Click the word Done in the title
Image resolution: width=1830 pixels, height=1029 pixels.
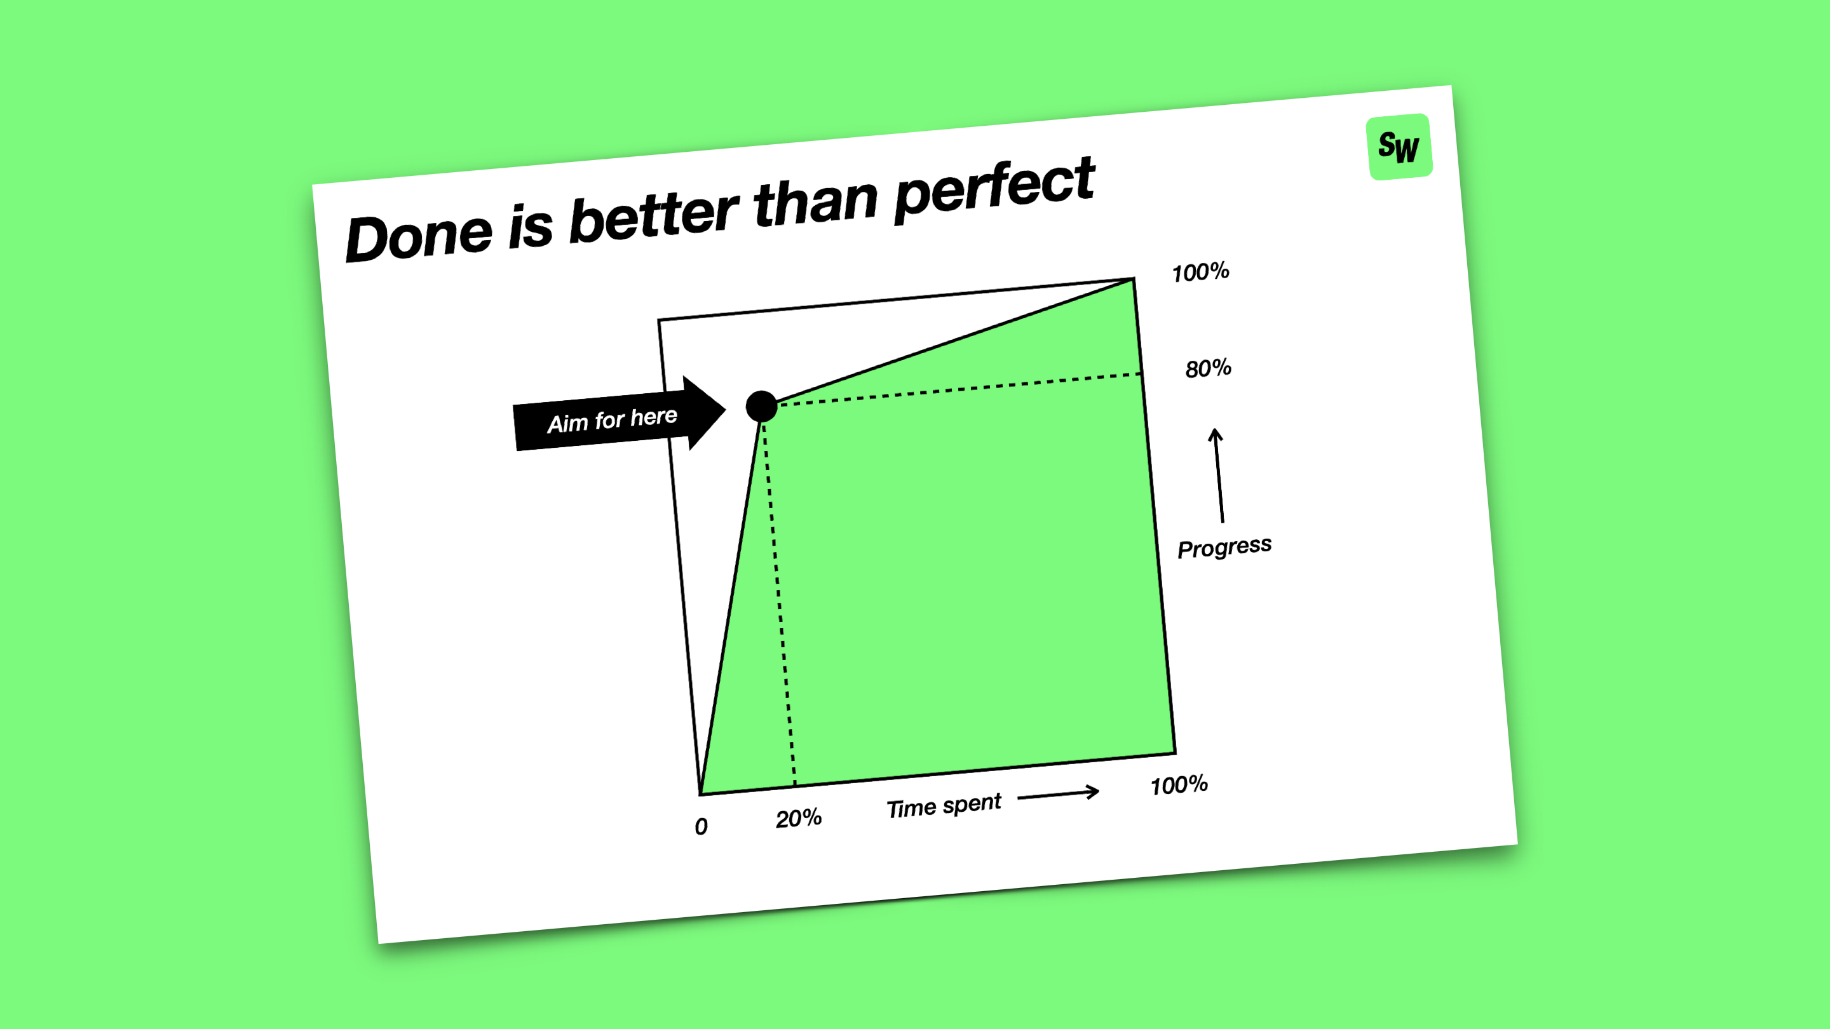[419, 236]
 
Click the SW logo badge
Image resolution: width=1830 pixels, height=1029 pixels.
[1399, 146]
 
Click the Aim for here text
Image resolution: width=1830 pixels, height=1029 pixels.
[613, 420]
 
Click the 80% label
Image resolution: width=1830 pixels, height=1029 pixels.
[1209, 368]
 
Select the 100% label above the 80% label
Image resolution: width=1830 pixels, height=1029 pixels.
[1200, 272]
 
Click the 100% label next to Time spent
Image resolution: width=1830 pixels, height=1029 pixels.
[1179, 784]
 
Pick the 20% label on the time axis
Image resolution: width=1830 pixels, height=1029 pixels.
[799, 818]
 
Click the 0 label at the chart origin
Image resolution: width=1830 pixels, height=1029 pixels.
[701, 826]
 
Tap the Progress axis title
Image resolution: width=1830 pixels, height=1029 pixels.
[1224, 548]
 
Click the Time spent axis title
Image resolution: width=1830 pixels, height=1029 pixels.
[944, 806]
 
